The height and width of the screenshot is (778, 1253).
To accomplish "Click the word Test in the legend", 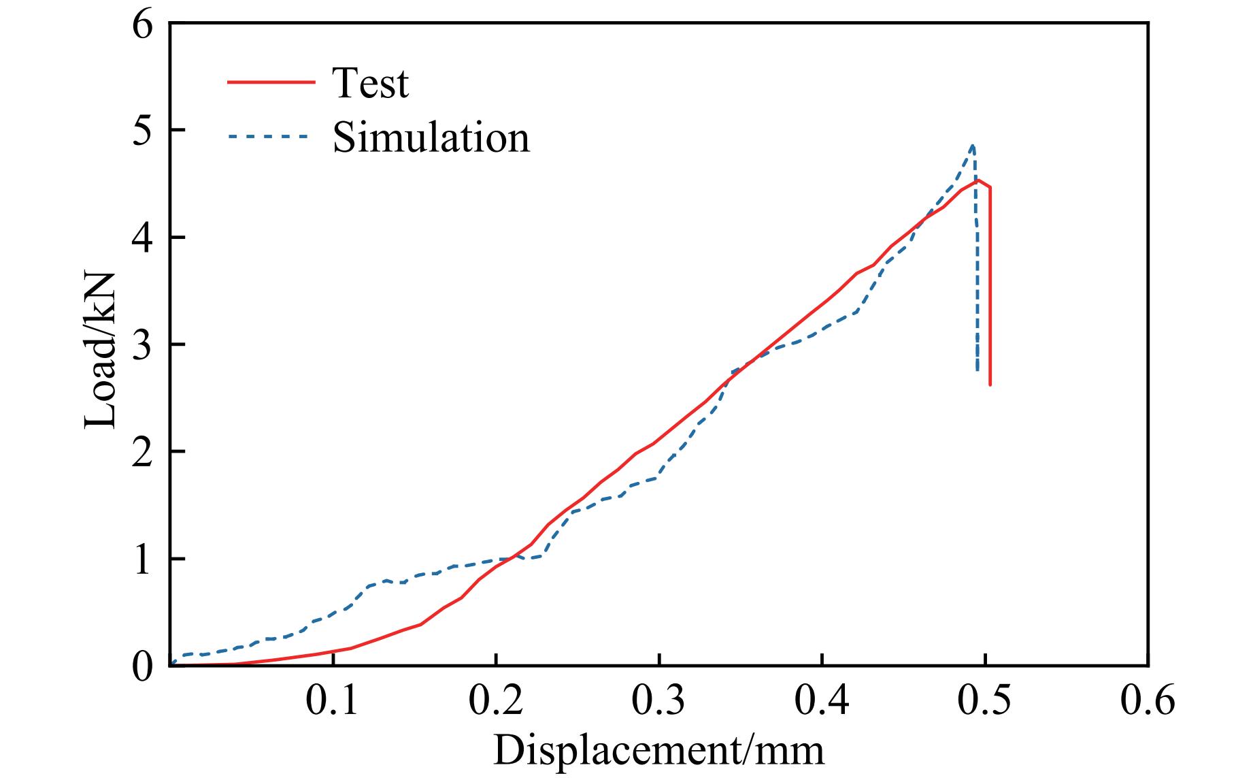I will [x=370, y=83].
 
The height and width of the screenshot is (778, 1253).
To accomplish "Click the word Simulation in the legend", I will [x=431, y=138].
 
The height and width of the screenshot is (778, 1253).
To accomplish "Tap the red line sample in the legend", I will [x=271, y=82].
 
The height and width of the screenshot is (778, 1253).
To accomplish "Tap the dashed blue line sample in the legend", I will [x=271, y=136].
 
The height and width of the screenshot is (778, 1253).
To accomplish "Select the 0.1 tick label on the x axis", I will [x=332, y=701].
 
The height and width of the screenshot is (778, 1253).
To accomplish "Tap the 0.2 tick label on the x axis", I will [x=495, y=701].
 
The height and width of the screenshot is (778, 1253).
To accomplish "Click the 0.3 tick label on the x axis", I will [x=658, y=701].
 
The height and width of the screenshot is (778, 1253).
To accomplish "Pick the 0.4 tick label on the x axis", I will [x=822, y=701].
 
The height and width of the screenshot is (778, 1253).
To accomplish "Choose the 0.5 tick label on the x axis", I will [x=985, y=701].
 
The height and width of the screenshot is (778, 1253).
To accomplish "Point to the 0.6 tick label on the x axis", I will [x=1148, y=701].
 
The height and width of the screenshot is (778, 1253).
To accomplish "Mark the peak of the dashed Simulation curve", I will [x=973, y=146].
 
